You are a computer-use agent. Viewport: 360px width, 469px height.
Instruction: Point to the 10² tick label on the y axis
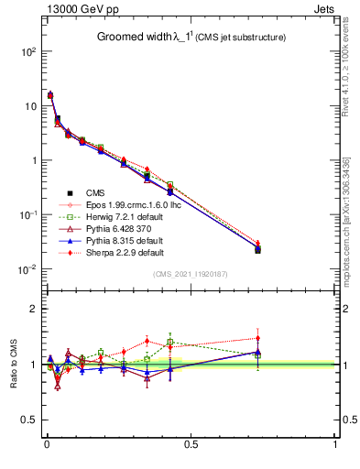point(27,52)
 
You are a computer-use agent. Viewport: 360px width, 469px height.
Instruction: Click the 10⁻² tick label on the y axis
point(27,269)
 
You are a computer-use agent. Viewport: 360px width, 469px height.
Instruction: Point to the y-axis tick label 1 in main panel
point(33,160)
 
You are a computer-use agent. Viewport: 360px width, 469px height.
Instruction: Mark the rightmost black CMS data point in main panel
point(257,249)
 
